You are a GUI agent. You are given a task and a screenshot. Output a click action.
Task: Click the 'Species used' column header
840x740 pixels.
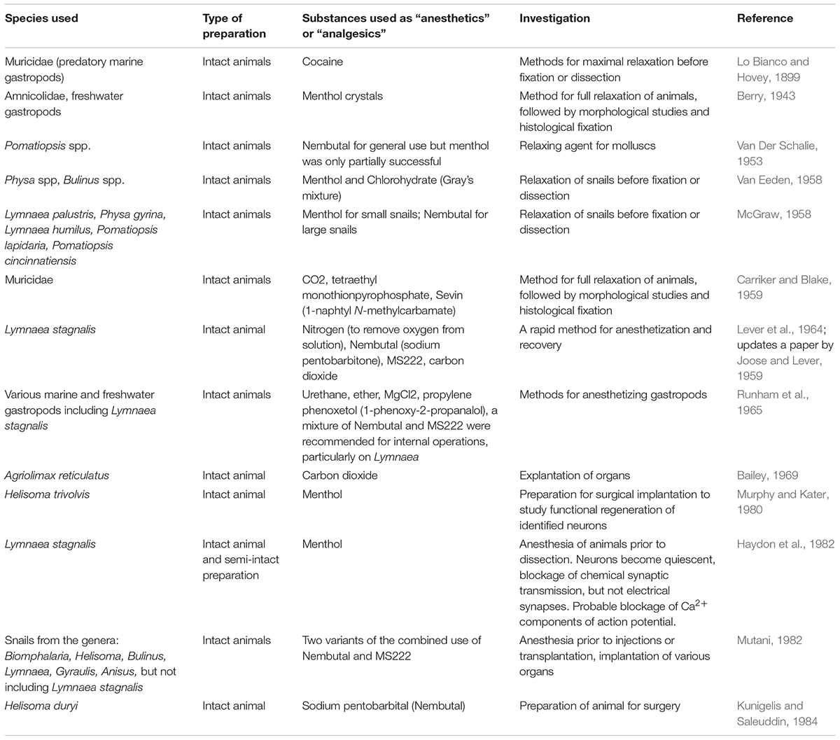41,18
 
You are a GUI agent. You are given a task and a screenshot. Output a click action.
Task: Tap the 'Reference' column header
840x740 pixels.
765,18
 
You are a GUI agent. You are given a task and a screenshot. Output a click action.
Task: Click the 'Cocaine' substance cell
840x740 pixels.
323,62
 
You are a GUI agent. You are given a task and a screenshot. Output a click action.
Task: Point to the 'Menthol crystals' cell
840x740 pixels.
342,96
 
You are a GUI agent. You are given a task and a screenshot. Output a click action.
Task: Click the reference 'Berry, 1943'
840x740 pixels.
766,96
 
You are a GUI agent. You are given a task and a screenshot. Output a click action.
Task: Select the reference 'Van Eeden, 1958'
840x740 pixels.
778,180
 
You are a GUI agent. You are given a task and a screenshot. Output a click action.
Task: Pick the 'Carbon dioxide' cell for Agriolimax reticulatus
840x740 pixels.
339,475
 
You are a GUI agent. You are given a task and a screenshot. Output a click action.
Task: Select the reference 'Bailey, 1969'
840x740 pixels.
767,475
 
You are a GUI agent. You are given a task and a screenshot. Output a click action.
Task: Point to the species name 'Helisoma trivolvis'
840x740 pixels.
47,494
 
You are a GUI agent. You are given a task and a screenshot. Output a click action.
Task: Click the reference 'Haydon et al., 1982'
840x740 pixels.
785,544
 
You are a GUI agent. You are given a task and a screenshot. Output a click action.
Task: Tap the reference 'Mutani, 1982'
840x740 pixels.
769,640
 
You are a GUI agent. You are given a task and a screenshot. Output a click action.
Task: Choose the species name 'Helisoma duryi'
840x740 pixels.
41,706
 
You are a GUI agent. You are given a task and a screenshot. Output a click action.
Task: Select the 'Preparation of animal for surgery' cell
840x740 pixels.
600,706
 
